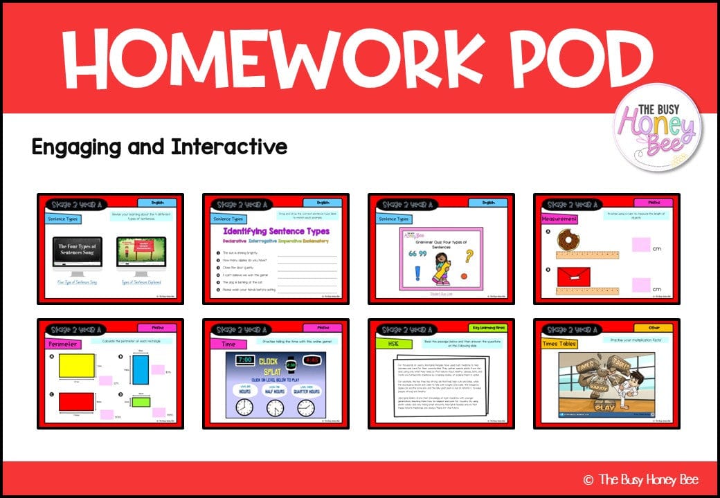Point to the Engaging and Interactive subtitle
pyautogui.click(x=159, y=147)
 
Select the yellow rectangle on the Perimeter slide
pyautogui.click(x=76, y=365)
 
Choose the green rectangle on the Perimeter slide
pyautogui.click(x=141, y=402)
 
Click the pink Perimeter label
pyautogui.click(x=64, y=343)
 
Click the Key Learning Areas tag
pyautogui.click(x=491, y=327)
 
